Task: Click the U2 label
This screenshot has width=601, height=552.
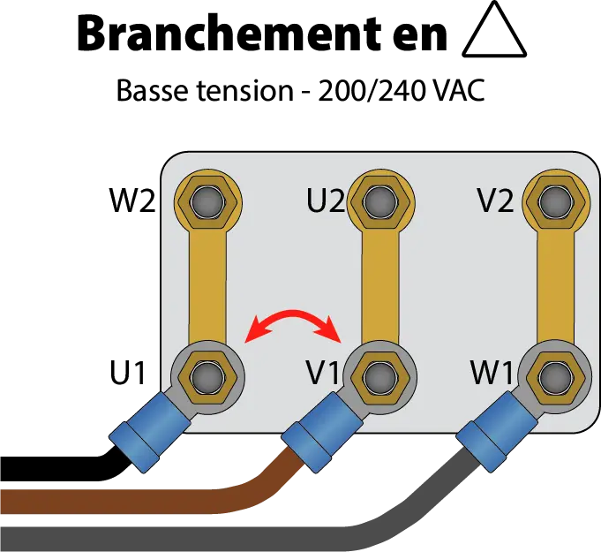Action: [x=326, y=201]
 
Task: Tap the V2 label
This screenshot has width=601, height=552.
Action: [x=495, y=201]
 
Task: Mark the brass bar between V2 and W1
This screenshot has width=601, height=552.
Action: [x=553, y=283]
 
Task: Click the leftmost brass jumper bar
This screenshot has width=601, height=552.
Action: [x=208, y=283]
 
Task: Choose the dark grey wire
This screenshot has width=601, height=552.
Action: [x=221, y=535]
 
